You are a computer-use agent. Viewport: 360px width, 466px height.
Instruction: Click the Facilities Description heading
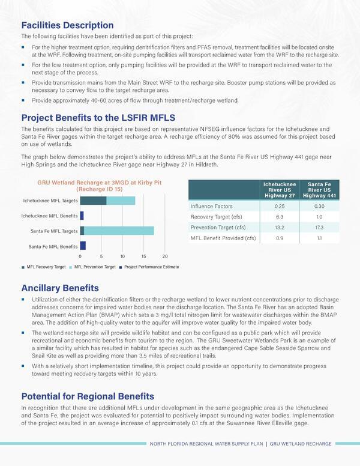(67, 25)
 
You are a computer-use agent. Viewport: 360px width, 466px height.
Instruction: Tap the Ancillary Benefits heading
(60, 288)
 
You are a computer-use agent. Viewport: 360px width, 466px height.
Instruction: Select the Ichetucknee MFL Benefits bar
(82, 216)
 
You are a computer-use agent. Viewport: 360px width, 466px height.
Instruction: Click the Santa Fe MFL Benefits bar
(83, 246)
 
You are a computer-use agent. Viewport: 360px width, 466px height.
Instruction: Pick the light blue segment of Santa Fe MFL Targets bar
(119, 231)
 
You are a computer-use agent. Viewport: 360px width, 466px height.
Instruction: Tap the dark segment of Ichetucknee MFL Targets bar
(93, 201)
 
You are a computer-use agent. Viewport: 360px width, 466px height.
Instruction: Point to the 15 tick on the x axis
(143, 256)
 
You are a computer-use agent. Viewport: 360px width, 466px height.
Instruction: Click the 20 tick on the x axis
(165, 256)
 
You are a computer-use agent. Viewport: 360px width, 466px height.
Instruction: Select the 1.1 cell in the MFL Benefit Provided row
(320, 238)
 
